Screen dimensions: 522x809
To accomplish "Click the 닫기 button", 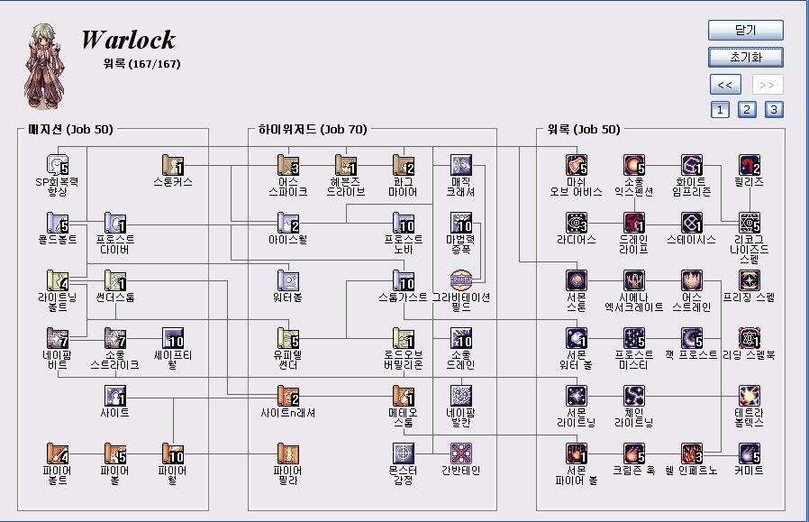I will click(745, 30).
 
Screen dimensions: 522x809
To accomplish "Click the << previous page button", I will click(725, 85).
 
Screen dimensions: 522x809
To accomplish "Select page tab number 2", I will click(747, 110).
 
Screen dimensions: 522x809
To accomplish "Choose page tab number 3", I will click(774, 110).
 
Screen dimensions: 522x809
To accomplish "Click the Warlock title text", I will click(128, 40).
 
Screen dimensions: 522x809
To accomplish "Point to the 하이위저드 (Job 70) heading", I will click(308, 130).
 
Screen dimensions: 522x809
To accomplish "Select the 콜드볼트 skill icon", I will click(57, 222).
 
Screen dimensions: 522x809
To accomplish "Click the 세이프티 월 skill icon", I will click(173, 337).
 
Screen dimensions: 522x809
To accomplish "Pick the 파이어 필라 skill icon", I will click(288, 453).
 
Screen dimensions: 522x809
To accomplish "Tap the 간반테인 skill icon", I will click(461, 453).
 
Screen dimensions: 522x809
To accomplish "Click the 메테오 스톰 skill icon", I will click(403, 395).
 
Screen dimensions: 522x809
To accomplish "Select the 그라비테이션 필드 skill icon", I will click(461, 279).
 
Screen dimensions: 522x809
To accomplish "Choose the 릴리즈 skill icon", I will click(750, 164).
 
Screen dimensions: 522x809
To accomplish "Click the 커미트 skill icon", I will click(750, 453).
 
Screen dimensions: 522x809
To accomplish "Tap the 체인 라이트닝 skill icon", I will click(634, 395).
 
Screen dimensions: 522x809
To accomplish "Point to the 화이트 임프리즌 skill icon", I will click(692, 164).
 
